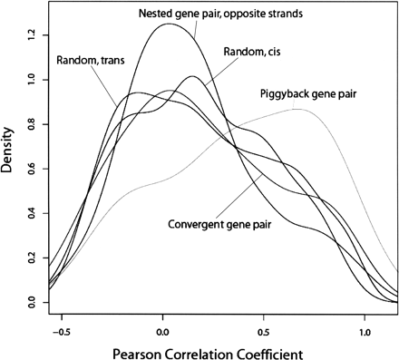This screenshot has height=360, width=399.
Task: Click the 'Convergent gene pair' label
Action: pyautogui.click(x=223, y=222)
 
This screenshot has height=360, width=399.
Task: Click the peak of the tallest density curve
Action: pyautogui.click(x=169, y=24)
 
